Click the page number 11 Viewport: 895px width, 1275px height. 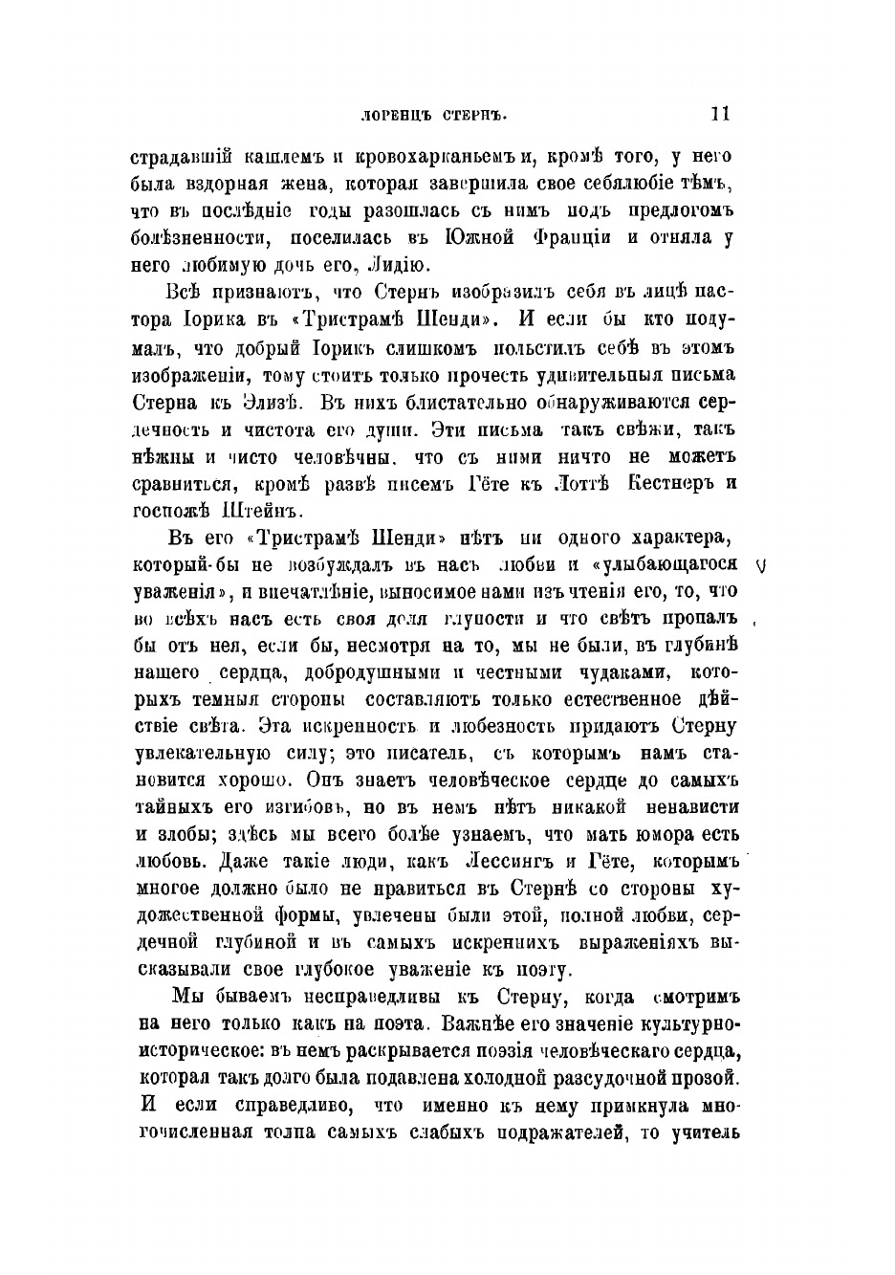(x=721, y=114)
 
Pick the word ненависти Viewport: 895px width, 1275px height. (x=687, y=806)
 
